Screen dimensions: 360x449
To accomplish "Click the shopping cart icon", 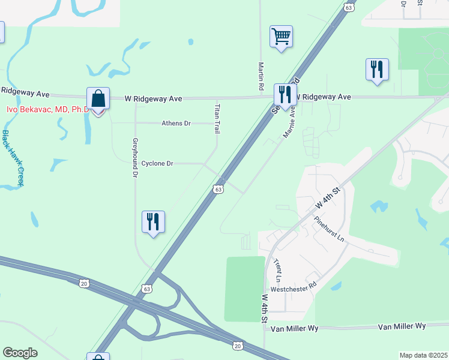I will pyautogui.click(x=281, y=37).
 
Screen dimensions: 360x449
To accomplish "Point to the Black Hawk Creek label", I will pyautogui.click(x=12, y=157).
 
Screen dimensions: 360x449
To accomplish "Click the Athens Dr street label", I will pyautogui.click(x=176, y=123).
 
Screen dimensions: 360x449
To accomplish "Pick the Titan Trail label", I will pyautogui.click(x=217, y=118).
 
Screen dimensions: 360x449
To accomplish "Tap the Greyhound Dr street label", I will pyautogui.click(x=135, y=159).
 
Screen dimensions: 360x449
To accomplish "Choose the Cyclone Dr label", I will pyautogui.click(x=157, y=163).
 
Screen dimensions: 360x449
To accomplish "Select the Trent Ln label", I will pyautogui.click(x=277, y=271).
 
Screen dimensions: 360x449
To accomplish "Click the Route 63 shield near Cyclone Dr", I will pyautogui.click(x=218, y=190).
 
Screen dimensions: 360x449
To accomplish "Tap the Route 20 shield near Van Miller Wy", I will pyautogui.click(x=238, y=346).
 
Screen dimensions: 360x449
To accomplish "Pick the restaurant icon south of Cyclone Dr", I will pyautogui.click(x=152, y=221).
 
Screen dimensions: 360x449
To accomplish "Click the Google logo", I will pyautogui.click(x=20, y=353).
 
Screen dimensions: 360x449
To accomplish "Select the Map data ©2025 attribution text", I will pyautogui.click(x=423, y=355).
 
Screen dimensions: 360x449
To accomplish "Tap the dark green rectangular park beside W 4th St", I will pyautogui.click(x=244, y=289).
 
